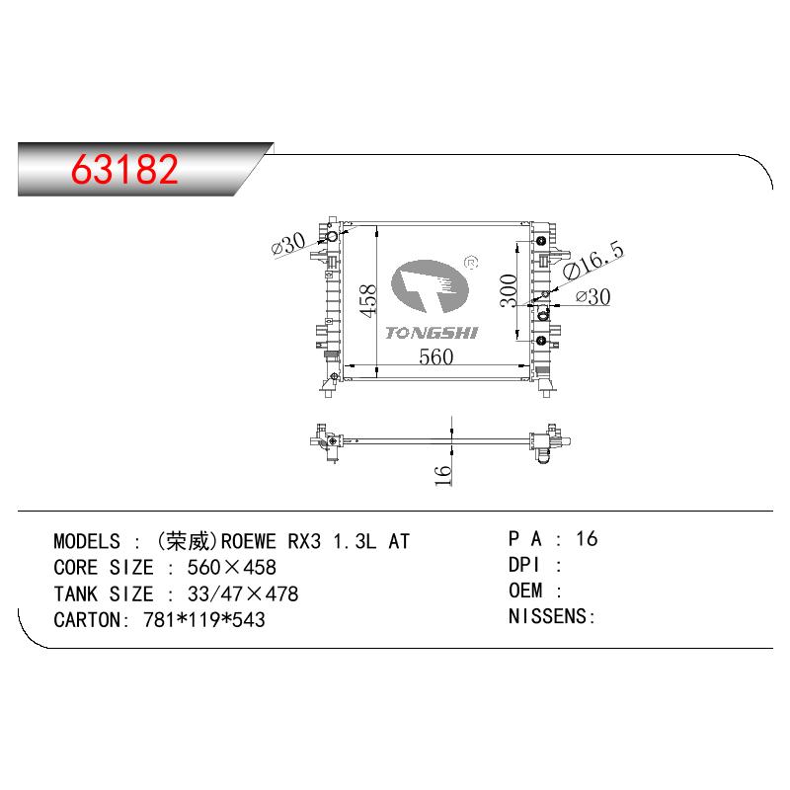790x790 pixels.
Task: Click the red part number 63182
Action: coord(125,169)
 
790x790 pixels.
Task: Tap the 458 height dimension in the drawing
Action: coord(368,301)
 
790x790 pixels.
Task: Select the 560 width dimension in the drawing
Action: coord(435,356)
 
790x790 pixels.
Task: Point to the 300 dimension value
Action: coord(509,290)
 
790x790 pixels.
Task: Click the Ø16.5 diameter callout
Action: coord(593,260)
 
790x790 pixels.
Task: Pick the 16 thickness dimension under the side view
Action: coord(442,475)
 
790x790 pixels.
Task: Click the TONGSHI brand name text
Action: coord(432,333)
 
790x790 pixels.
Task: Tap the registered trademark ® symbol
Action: coord(471,263)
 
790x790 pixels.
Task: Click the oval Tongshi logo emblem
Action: coord(430,286)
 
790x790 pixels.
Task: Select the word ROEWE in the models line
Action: coord(249,541)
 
